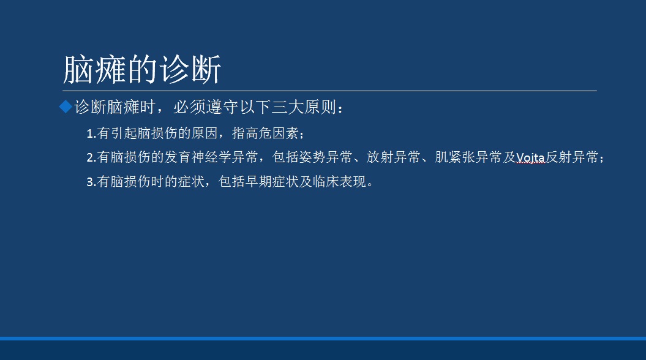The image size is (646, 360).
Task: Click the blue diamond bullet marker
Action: click(66, 107)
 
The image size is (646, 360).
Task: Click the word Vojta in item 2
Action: click(531, 157)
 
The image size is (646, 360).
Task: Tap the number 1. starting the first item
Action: click(91, 133)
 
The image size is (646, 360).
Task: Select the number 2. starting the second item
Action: click(91, 157)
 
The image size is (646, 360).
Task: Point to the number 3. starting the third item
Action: click(91, 182)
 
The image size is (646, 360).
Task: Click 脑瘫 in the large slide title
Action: click(95, 70)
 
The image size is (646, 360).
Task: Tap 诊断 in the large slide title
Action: click(190, 70)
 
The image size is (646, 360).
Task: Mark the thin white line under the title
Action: click(329, 91)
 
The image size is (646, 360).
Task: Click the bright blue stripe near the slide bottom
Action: click(323, 339)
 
